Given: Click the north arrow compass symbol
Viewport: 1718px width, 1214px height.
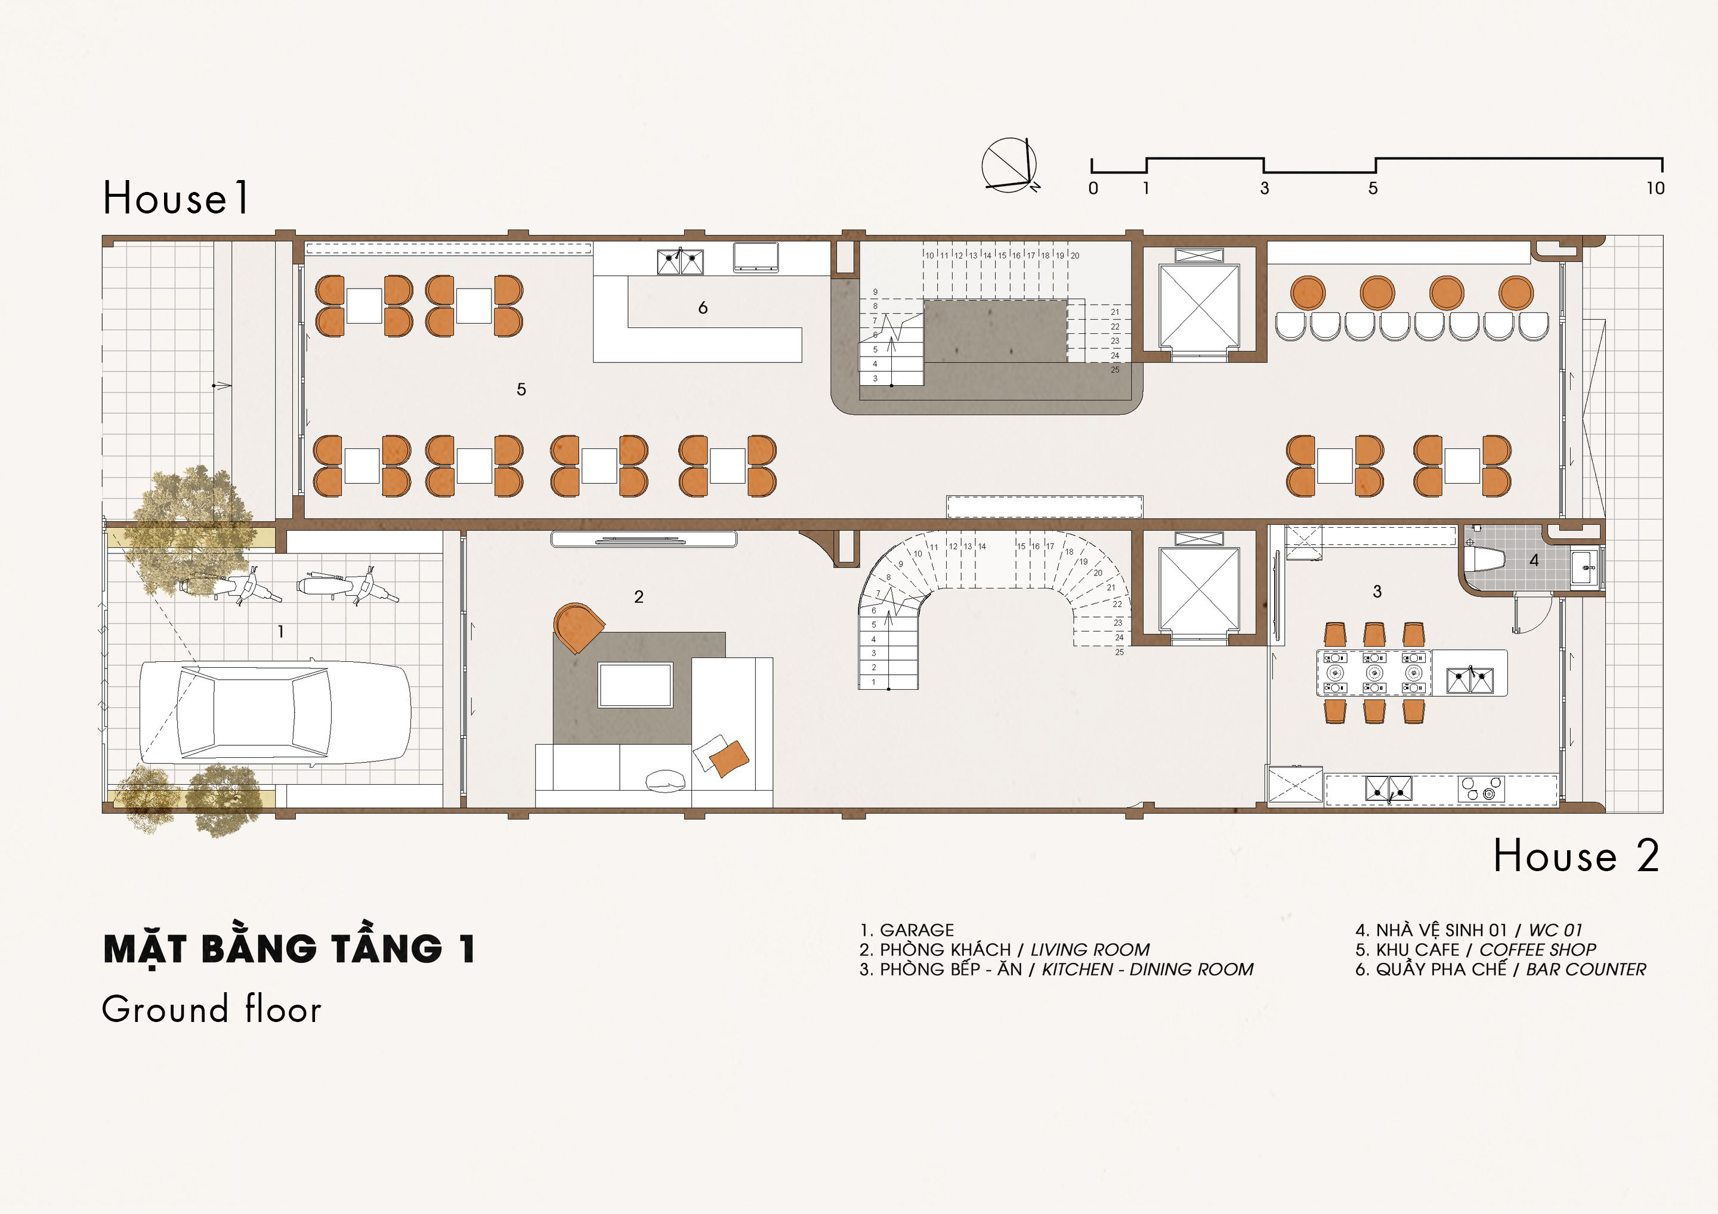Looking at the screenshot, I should tap(1009, 165).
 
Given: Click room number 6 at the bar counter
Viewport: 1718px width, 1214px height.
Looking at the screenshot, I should tap(703, 308).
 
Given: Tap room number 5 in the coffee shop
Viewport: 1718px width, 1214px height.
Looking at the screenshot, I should tap(521, 389).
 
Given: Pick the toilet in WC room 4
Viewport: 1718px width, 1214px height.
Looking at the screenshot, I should tap(1488, 559).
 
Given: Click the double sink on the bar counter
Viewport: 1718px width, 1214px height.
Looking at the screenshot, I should tap(680, 262).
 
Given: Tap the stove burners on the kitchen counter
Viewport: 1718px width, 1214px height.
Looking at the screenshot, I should tap(1481, 788).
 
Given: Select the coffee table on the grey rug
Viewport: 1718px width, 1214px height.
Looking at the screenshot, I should tap(635, 685).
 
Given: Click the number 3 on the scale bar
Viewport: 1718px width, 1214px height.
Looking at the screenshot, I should tap(1265, 188).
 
